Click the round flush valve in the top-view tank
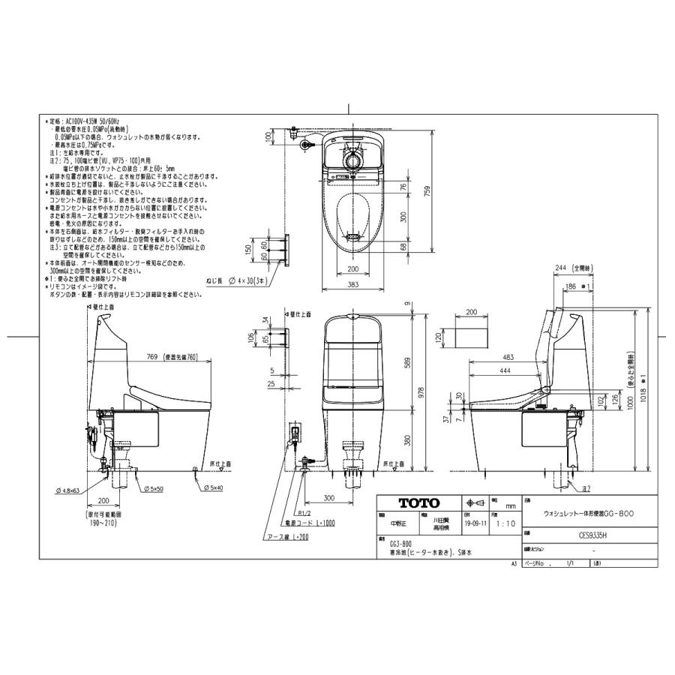353,160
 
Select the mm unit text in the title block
510,506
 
